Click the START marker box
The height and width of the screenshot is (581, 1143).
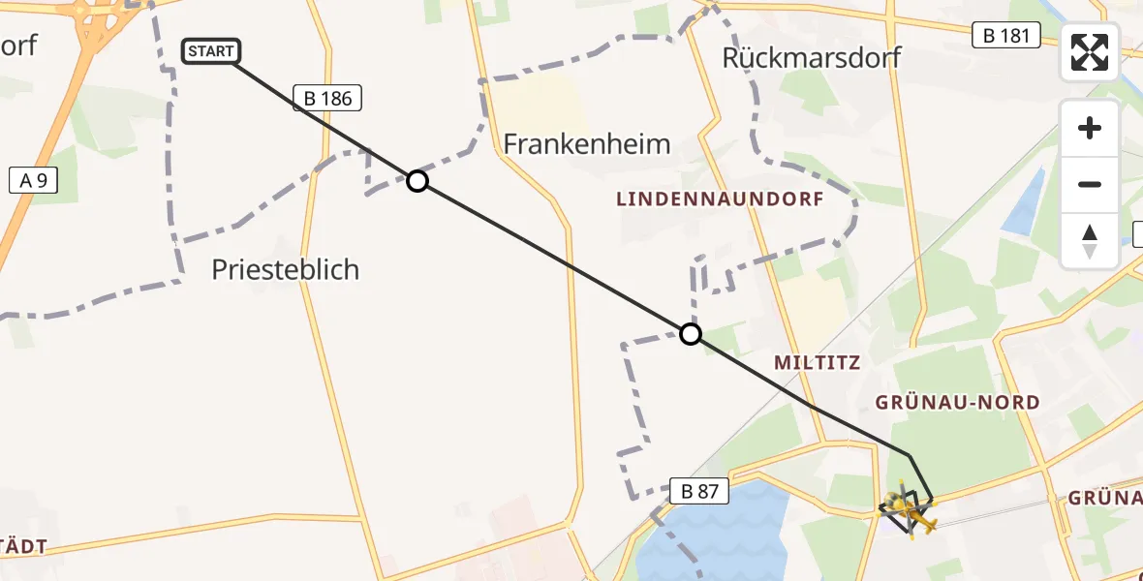210,51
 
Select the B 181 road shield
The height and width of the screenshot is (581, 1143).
1006,36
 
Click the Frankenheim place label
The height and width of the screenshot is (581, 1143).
586,144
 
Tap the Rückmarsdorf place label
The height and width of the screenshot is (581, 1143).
812,57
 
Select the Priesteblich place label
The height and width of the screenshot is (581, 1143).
285,269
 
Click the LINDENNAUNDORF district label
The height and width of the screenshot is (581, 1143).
720,199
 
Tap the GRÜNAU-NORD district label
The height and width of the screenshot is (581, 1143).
957,402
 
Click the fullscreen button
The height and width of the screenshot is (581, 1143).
1090,52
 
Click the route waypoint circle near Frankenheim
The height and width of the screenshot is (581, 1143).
417,181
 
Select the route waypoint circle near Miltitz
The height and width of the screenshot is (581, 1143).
691,334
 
